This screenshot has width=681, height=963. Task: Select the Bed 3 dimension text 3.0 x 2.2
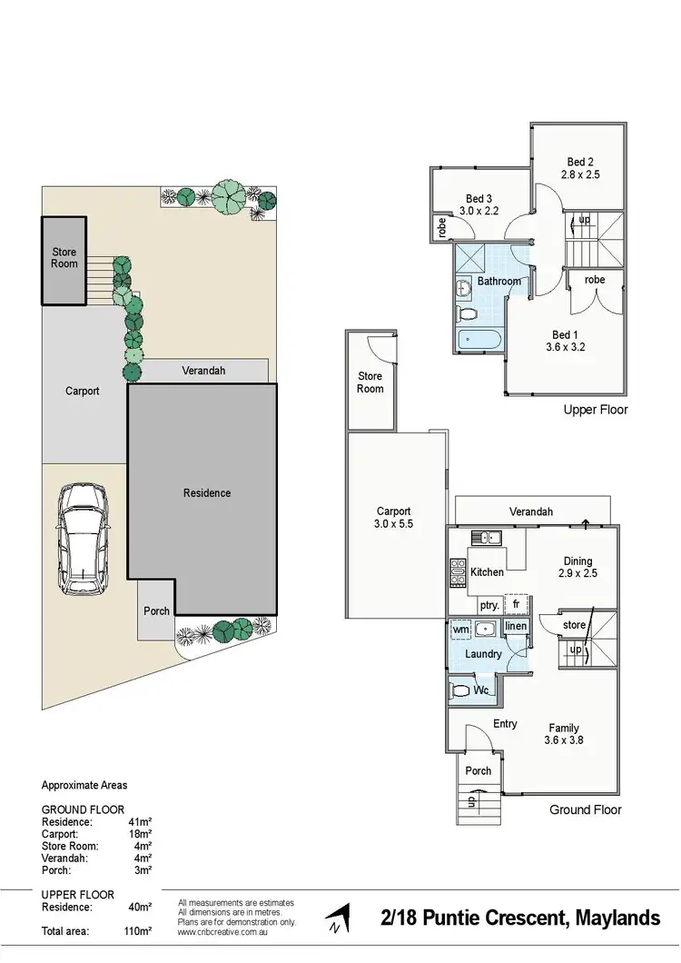479,211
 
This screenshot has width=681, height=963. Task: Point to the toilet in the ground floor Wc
461,690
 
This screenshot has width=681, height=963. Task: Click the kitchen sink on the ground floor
487,537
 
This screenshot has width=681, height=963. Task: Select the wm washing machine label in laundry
461,628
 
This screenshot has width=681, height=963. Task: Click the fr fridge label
516,603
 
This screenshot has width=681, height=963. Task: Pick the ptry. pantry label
488,604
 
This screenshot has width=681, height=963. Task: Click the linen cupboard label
516,627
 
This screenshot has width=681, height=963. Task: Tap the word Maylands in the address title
618,918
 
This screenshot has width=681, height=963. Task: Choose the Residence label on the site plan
207,493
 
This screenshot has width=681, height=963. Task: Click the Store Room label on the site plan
64,258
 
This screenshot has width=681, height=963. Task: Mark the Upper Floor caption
595,410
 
